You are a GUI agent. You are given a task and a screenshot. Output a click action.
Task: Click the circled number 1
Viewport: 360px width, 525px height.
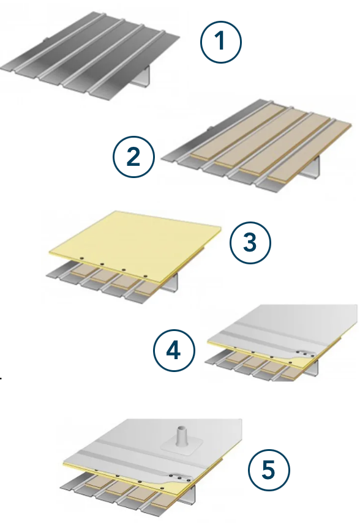coord(220,42)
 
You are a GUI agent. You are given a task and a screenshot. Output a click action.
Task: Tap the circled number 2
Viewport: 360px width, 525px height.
coord(133,157)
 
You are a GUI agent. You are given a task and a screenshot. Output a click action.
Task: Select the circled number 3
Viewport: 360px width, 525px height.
coord(250,242)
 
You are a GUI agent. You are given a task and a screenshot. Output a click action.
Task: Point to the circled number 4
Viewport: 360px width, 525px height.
coord(174,351)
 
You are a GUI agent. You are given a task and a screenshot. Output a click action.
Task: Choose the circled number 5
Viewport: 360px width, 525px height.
coord(269,469)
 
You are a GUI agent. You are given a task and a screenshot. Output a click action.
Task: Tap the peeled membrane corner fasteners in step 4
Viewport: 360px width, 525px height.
coord(305,353)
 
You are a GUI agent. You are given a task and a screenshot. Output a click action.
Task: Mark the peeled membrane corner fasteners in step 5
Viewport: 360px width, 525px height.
coord(180,477)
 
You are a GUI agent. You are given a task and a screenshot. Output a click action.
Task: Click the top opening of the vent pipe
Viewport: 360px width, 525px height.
coord(181,428)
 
